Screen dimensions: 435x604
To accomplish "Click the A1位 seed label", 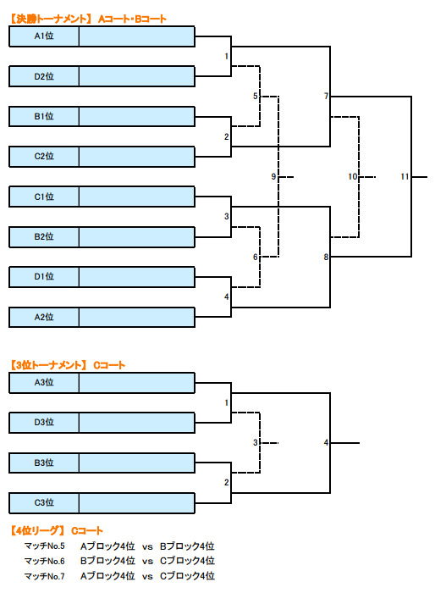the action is (x=44, y=36).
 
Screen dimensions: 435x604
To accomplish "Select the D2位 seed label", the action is (x=44, y=76).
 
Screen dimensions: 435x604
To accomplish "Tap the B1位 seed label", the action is (x=44, y=116).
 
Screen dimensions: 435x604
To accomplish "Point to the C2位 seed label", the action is (x=44, y=157).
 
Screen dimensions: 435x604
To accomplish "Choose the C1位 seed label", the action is (x=44, y=197).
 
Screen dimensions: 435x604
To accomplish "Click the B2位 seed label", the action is (x=44, y=237).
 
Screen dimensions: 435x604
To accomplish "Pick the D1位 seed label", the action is (x=44, y=277).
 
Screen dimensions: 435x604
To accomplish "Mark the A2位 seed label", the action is (x=44, y=317).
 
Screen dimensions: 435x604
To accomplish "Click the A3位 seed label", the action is (x=44, y=383).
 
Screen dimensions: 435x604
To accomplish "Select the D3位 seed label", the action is (x=44, y=423).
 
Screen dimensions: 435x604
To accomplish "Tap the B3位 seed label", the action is (x=44, y=463).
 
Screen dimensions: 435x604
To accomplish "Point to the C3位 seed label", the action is (x=44, y=502).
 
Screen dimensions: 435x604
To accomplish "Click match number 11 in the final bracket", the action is (x=405, y=176).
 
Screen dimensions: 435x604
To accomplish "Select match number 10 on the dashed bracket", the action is (x=353, y=176).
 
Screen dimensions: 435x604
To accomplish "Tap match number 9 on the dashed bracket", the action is (x=273, y=176).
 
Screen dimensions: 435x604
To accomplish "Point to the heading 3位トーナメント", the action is (x=48, y=365).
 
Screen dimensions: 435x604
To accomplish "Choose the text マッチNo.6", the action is (x=44, y=562).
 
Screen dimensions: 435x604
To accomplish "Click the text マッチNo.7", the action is (x=44, y=576).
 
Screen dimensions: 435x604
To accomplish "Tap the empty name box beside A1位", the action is (x=136, y=36).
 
